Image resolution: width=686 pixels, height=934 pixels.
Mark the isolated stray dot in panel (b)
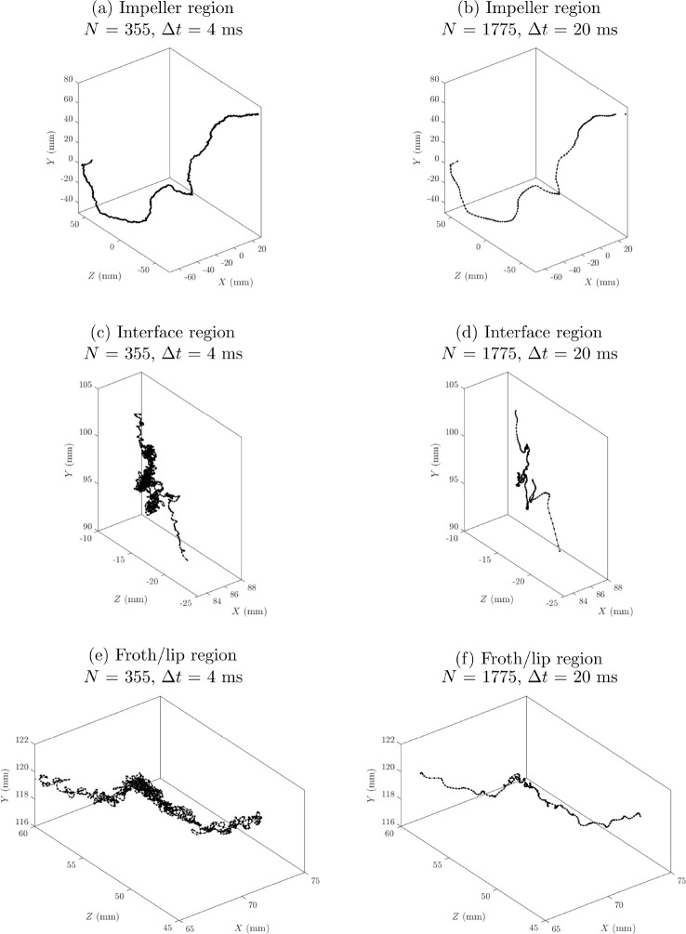(627, 113)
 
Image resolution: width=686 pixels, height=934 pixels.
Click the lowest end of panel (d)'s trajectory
(560, 552)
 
